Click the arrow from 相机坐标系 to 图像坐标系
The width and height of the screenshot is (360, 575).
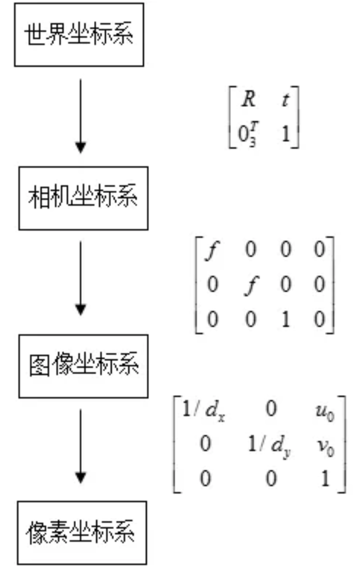[81, 278]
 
